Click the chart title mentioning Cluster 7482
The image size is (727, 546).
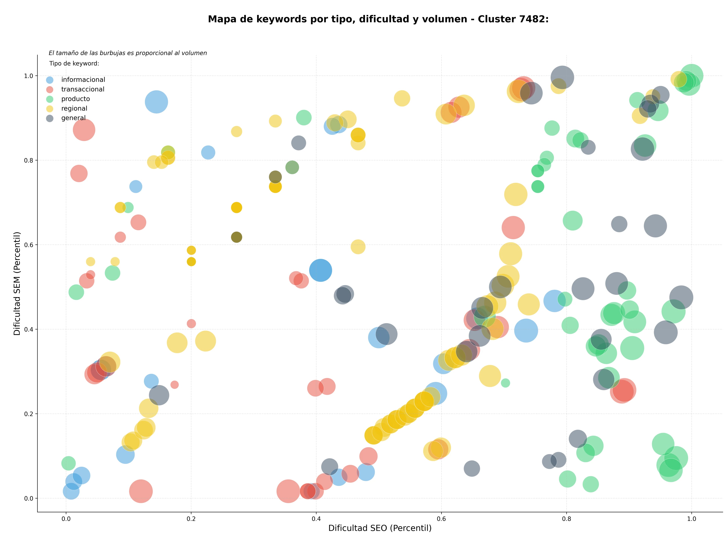pyautogui.click(x=378, y=19)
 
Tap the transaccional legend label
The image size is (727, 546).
pyautogui.click(x=83, y=89)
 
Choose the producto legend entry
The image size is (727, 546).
pyautogui.click(x=76, y=99)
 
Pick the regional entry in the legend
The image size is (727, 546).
pyautogui.click(x=74, y=109)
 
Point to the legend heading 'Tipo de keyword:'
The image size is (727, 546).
pyautogui.click(x=74, y=63)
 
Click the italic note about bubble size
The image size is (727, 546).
pyautogui.click(x=128, y=53)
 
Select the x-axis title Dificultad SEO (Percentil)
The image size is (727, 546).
pyautogui.click(x=380, y=528)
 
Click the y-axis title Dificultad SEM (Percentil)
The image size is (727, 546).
pyautogui.click(x=17, y=283)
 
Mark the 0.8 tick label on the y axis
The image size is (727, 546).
pyautogui.click(x=29, y=160)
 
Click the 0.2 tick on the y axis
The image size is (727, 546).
pyautogui.click(x=29, y=414)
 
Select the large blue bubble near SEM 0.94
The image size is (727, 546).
pyautogui.click(x=156, y=102)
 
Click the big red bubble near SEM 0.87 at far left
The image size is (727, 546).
pyautogui.click(x=84, y=130)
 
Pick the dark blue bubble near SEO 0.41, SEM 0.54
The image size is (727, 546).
pyautogui.click(x=321, y=270)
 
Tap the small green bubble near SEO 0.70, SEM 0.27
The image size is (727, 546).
pyautogui.click(x=505, y=383)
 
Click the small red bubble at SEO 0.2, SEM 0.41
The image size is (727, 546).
pyautogui.click(x=191, y=324)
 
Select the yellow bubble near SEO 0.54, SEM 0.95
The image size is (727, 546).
pyautogui.click(x=402, y=98)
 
